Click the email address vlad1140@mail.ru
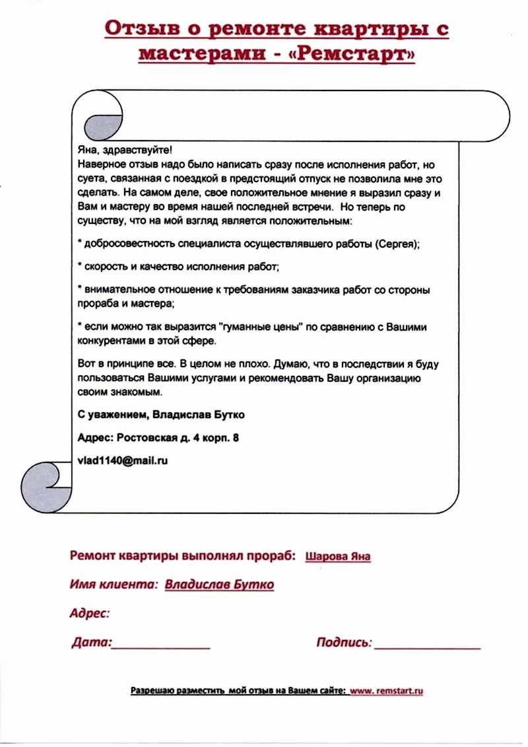coord(122,460)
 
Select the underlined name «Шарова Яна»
coord(338,556)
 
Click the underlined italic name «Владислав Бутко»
coord(219,585)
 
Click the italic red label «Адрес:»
coord(90,614)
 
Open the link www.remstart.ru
coord(386,691)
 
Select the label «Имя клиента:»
coord(114,585)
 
